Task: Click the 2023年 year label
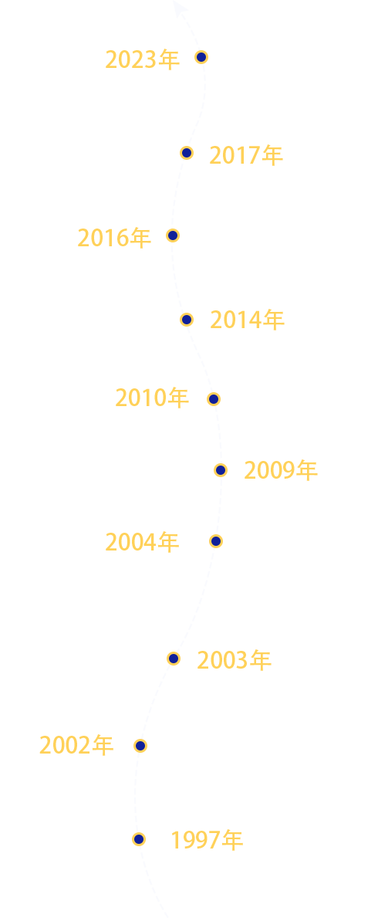pos(142,59)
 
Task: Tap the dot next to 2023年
pos(201,57)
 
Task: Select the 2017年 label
pos(246,155)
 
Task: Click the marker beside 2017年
pos(187,153)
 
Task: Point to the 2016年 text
pos(114,238)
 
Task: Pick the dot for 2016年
pos(173,235)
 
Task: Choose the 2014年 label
pos(247,320)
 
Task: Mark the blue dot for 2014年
pos(187,319)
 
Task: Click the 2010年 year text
pos(152,398)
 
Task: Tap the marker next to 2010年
pos(214,399)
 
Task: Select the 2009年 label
pos(281,470)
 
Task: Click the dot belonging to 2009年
pos(221,470)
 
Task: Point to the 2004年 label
pos(142,542)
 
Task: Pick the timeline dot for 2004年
pos(216,541)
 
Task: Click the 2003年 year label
pos(234,660)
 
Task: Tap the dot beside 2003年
pos(174,659)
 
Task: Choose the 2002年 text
pos(76,745)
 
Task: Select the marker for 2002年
pos(140,745)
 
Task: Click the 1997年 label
pos(207,840)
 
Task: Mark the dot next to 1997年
pos(139,839)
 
